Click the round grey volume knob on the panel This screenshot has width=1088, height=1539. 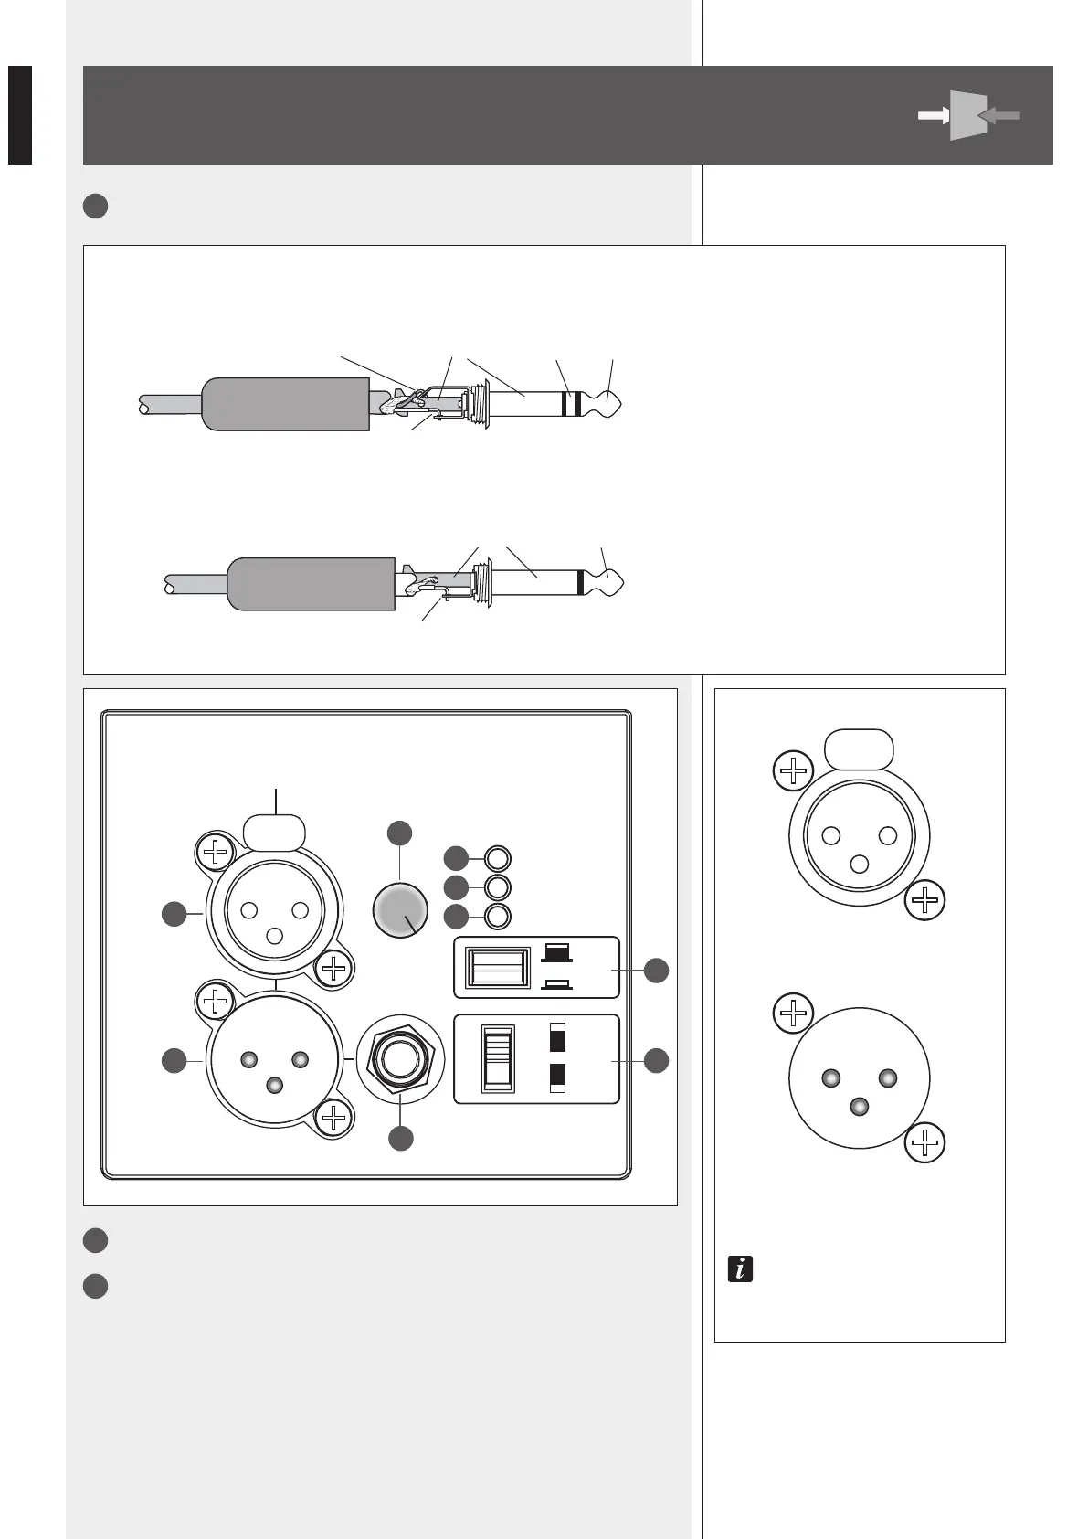click(x=400, y=909)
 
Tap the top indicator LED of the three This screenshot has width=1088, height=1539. click(x=498, y=859)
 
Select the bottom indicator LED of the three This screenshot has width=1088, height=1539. click(x=498, y=916)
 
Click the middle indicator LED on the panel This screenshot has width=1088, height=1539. click(x=498, y=887)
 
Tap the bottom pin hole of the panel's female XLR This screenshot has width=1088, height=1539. click(x=274, y=935)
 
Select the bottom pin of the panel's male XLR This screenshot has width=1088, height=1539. click(x=274, y=1084)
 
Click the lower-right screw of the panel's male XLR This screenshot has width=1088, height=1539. click(x=334, y=1117)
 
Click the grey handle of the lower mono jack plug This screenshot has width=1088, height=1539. click(x=311, y=584)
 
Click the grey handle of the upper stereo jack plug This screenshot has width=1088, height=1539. click(x=285, y=404)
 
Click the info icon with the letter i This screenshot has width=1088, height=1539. click(x=740, y=1268)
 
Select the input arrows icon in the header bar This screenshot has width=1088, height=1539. click(x=968, y=115)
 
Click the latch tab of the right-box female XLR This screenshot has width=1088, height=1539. click(x=858, y=749)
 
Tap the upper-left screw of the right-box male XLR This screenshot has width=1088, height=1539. click(x=793, y=1013)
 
